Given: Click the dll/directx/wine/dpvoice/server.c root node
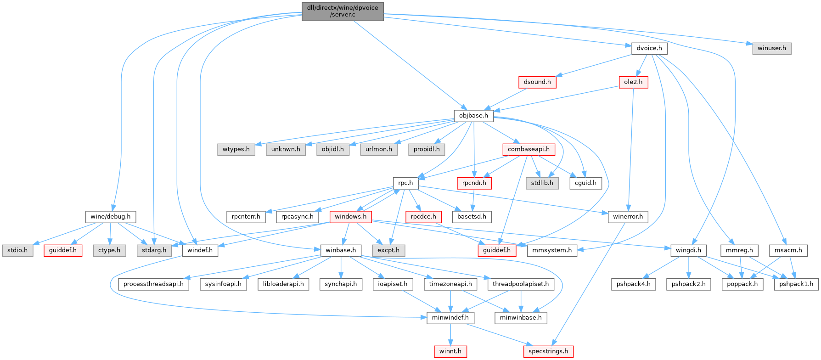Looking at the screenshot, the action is [x=343, y=11].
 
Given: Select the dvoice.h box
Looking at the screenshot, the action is [x=649, y=48].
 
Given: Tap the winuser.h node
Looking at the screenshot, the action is [x=772, y=48].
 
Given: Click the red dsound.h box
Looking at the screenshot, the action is [x=537, y=82].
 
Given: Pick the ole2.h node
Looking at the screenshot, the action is [x=633, y=82].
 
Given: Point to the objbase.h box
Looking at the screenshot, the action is [x=473, y=116].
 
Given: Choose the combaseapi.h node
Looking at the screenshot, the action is [x=529, y=149].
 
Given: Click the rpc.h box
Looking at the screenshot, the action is [x=405, y=183].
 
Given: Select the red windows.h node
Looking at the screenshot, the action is [x=350, y=217].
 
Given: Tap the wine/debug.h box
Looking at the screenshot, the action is [x=110, y=217].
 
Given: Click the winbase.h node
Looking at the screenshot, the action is [x=341, y=250].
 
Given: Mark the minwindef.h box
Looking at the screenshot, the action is [x=450, y=318].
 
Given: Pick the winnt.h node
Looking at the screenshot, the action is [x=450, y=351].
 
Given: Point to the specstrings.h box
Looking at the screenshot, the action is [x=548, y=351].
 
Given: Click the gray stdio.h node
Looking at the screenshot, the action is [x=17, y=250].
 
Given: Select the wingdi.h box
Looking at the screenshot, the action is [x=689, y=250].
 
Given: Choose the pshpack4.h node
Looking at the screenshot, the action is [x=633, y=284].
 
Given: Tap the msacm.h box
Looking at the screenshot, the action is [x=788, y=250].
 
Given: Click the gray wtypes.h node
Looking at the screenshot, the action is [x=236, y=149].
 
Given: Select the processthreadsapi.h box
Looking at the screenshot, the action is [x=153, y=284].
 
